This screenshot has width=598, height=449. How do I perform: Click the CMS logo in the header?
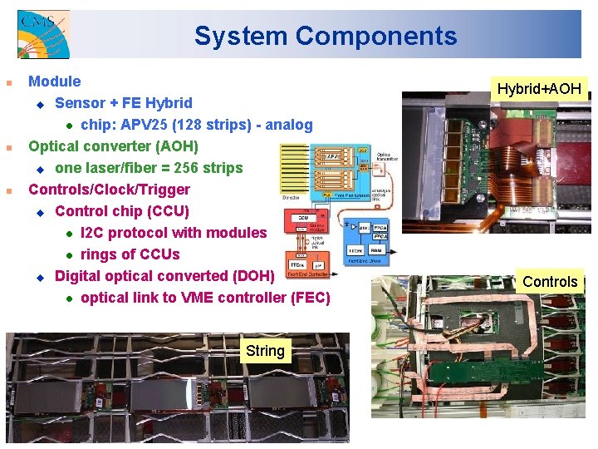(x=42, y=34)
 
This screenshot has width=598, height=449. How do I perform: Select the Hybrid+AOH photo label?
(x=539, y=88)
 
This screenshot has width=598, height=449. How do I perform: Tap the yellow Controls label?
(x=550, y=281)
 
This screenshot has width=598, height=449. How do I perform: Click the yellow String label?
(x=265, y=351)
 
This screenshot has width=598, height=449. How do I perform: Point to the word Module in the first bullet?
(x=55, y=81)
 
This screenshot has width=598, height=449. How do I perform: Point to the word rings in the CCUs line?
(x=99, y=254)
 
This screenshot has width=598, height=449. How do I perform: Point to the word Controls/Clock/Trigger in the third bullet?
(x=109, y=190)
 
